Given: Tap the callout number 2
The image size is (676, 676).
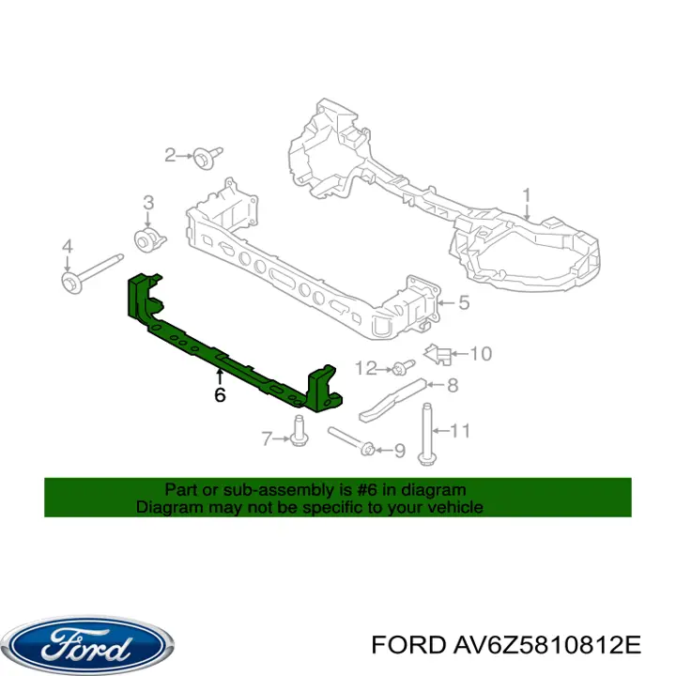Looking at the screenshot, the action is [x=171, y=155].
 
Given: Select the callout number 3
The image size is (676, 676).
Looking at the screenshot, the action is [x=148, y=203].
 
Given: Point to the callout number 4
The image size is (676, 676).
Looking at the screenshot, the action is [x=68, y=247].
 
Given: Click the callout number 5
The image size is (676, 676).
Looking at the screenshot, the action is [x=464, y=302].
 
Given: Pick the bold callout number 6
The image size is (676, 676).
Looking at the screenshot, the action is [x=220, y=395].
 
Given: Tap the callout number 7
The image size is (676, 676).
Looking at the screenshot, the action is [x=267, y=438].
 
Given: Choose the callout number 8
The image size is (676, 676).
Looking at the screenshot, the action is [x=453, y=385].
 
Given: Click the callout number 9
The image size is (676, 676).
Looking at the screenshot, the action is [x=400, y=451].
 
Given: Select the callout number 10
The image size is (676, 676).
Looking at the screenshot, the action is [x=481, y=354].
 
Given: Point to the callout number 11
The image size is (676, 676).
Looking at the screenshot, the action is [x=460, y=430].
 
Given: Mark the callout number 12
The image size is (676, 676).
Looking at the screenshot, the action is [x=365, y=369].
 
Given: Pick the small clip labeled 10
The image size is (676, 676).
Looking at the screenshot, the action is [x=438, y=354].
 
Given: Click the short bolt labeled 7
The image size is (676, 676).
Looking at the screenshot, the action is [x=299, y=431].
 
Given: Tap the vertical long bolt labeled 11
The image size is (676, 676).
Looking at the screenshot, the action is [x=425, y=434].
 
